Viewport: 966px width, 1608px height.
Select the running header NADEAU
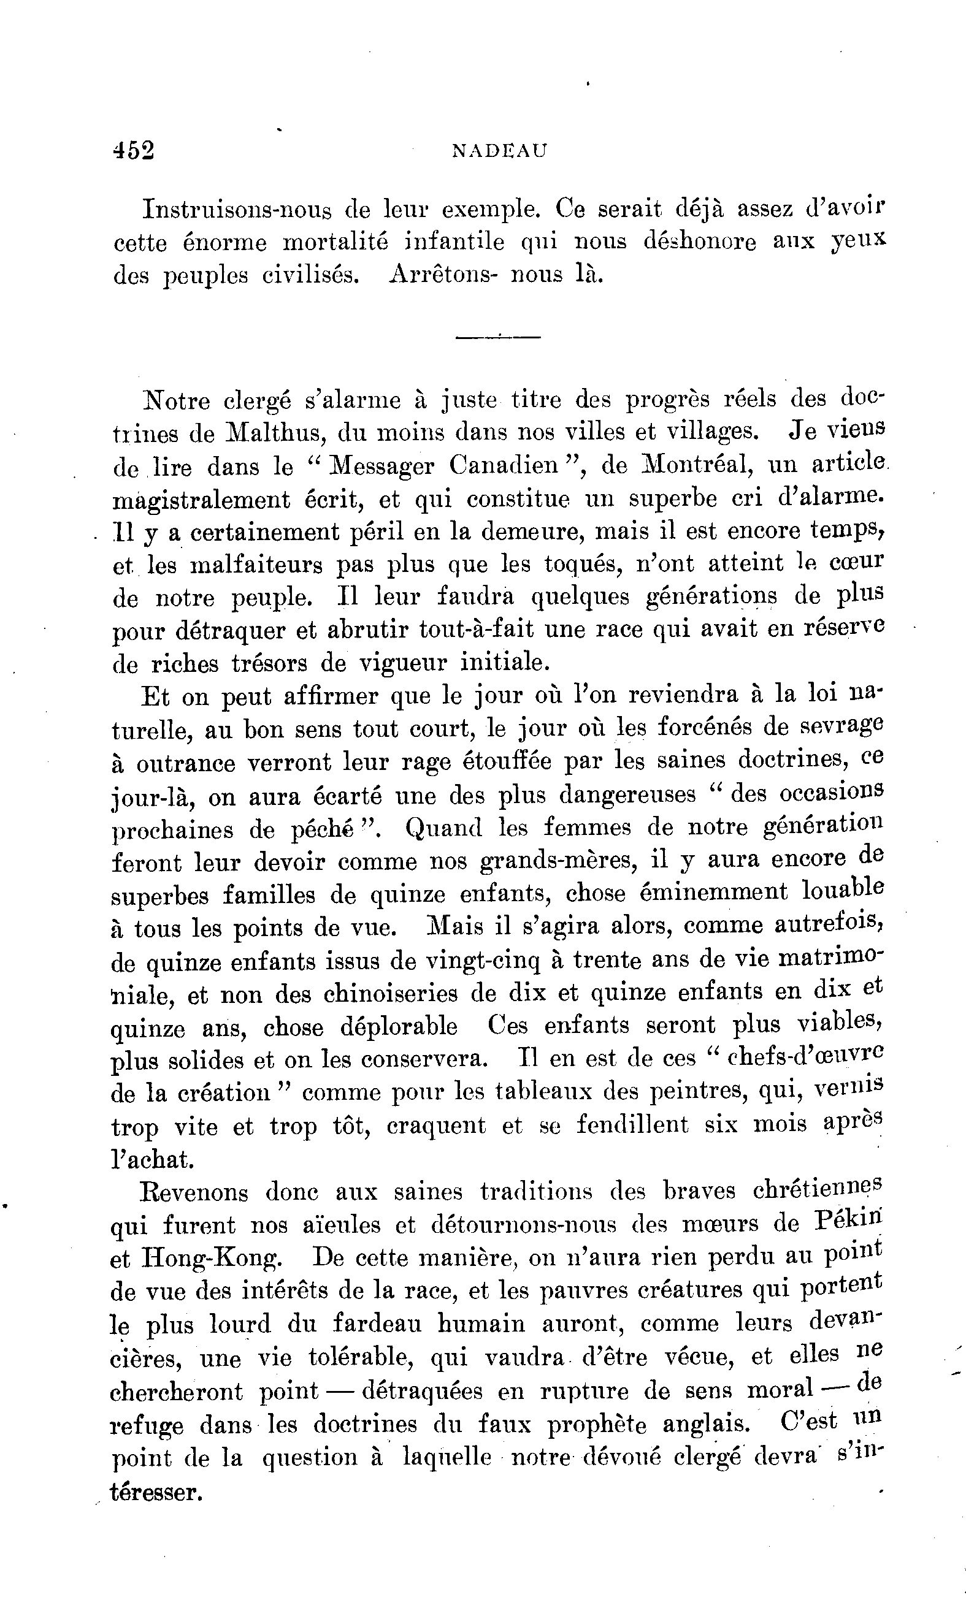point(499,151)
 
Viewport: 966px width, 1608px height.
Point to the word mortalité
point(336,243)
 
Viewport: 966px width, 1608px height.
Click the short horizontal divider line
point(498,337)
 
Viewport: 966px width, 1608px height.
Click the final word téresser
point(155,1492)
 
